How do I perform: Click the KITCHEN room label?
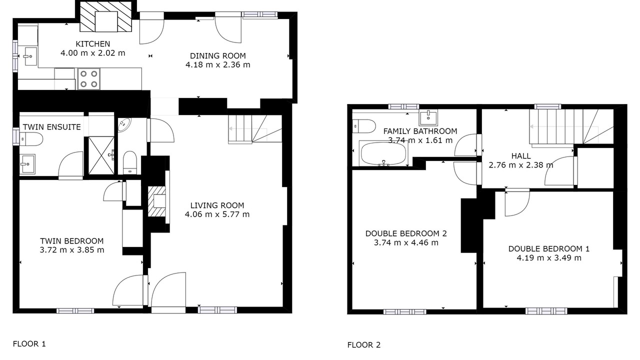click(92, 44)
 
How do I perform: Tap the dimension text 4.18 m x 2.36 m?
click(217, 65)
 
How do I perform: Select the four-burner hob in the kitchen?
click(88, 79)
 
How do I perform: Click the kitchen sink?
click(30, 56)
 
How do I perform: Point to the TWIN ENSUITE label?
click(51, 127)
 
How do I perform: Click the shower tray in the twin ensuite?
click(101, 155)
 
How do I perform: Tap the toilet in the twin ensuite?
click(31, 139)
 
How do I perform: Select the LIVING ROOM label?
click(217, 205)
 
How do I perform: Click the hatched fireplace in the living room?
click(156, 201)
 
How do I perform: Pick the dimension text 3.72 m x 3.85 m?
click(71, 250)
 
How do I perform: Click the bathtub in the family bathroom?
click(383, 153)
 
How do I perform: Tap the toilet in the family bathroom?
click(363, 126)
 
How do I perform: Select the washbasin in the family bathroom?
click(428, 117)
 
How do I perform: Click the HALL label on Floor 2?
click(521, 156)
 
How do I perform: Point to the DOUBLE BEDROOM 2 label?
click(406, 233)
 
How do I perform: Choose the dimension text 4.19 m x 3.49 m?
click(549, 258)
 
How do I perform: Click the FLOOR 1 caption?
click(29, 343)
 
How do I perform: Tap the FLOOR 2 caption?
click(364, 345)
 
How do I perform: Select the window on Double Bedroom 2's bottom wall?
click(404, 311)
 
